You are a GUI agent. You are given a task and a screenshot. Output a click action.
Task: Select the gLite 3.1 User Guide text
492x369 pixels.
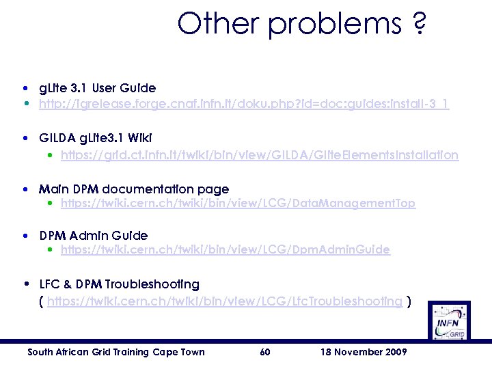coord(97,88)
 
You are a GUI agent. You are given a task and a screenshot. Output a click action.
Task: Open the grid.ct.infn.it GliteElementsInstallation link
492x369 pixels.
coord(260,155)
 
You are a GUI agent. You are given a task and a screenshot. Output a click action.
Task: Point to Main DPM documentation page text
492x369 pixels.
coord(134,189)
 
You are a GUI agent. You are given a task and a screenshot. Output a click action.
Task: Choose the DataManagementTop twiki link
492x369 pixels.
coord(238,203)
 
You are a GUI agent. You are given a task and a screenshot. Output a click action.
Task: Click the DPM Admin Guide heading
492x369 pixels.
coord(94,236)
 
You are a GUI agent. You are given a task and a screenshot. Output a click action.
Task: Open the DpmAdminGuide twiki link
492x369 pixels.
coord(225,250)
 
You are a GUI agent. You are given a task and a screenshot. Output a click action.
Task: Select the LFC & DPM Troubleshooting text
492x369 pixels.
coord(120,284)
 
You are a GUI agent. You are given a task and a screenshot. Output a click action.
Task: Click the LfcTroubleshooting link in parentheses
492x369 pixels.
coord(225,300)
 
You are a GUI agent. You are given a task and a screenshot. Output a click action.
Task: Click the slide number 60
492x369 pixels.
coord(266,352)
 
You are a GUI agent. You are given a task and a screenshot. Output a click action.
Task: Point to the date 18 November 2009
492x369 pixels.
coord(363,352)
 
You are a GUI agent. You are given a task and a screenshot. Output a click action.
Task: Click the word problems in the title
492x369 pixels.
coord(335,24)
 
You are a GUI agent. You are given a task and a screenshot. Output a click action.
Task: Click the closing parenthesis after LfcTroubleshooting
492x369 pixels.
coord(409,300)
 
